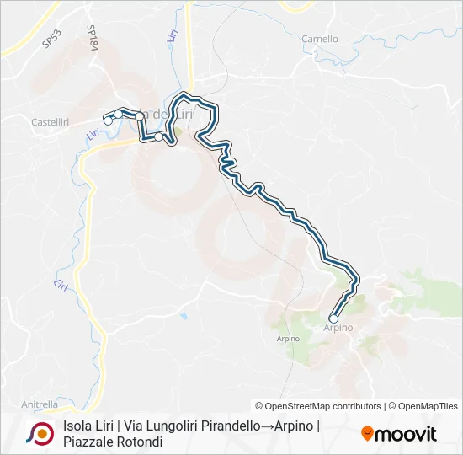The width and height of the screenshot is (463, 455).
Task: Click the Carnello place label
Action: coord(320,39)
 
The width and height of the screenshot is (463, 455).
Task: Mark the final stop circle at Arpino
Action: coord(333,319)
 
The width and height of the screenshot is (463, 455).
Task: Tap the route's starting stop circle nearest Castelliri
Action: coord(108,121)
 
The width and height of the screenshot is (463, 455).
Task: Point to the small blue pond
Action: coord(183,317)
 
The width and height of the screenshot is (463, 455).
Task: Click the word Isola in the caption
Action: coord(77,426)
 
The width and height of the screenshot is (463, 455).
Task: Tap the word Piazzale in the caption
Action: coord(88,442)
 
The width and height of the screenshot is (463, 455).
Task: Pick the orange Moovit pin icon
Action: coord(367,434)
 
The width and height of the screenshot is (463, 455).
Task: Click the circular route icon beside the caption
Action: coord(40,434)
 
